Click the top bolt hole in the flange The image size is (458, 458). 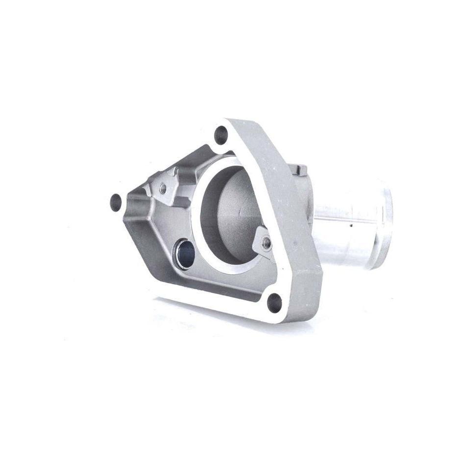pos(221,134)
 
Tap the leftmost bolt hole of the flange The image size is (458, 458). pos(116,201)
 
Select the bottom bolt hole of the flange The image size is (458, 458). pos(275,302)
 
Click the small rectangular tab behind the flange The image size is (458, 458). pos(300,169)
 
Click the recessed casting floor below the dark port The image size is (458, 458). pos(206,284)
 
